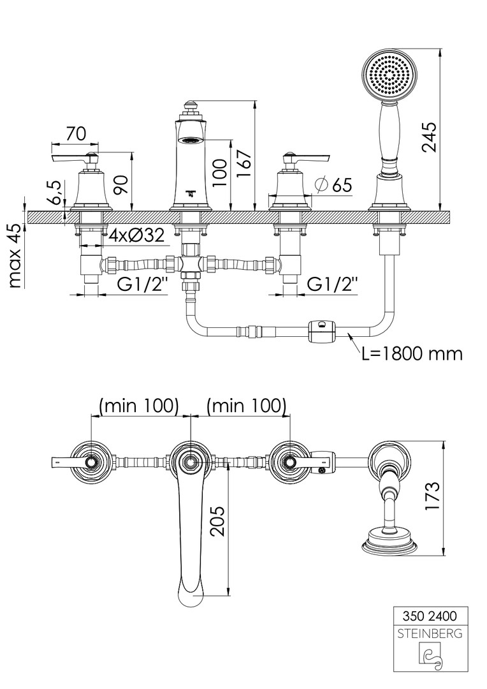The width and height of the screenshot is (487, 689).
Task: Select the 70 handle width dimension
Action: coord(76,134)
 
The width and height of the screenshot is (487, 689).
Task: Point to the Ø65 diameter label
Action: coord(334,185)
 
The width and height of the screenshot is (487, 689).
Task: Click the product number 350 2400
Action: coord(431,617)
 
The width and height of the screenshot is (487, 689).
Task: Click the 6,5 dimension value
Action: coord(55,192)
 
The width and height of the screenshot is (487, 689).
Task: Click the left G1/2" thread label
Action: coord(142,285)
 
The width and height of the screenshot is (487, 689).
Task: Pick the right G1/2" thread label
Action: coord(333,285)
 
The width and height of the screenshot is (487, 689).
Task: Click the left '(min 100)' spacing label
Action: coord(138,404)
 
